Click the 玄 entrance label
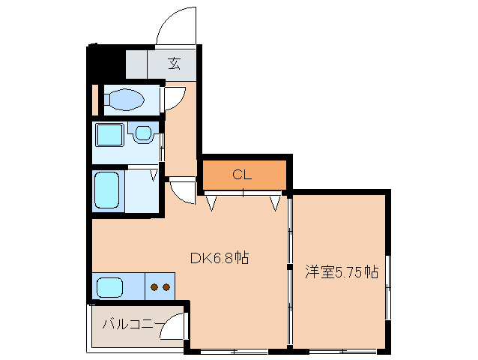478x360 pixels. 174,63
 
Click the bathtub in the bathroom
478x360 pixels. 105,191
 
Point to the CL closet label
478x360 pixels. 241,175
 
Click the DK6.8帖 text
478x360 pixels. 219,258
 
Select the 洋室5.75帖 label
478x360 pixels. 341,271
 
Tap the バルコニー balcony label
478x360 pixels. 132,324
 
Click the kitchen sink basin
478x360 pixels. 109,286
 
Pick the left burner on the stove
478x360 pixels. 154,286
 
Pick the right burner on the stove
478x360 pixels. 166,286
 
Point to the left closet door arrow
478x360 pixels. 212,202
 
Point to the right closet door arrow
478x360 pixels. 274,202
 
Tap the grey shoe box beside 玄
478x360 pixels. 137,64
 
